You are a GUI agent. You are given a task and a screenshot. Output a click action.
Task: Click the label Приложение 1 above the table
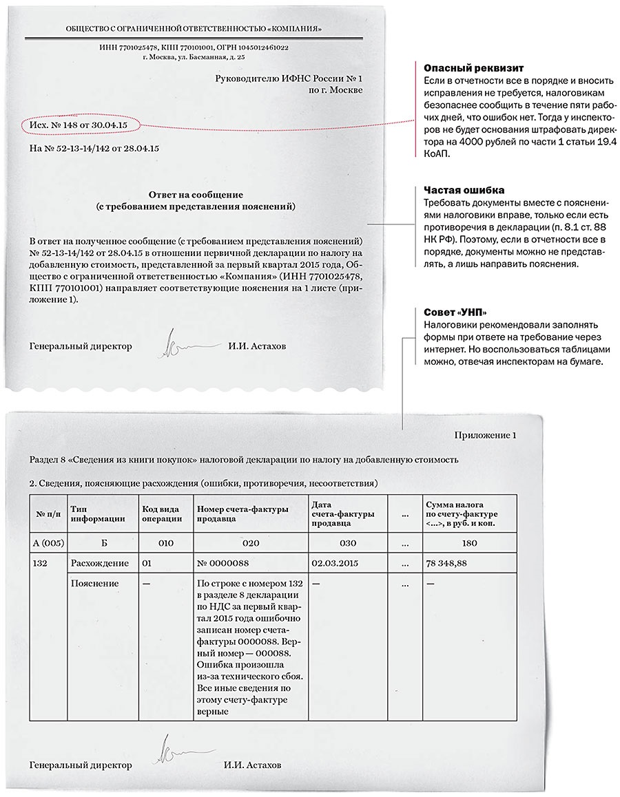(485, 435)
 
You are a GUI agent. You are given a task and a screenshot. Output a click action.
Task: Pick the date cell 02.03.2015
(335, 563)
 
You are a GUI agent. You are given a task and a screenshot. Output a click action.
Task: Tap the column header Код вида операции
(163, 513)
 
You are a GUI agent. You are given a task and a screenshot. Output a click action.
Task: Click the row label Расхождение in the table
(99, 563)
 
